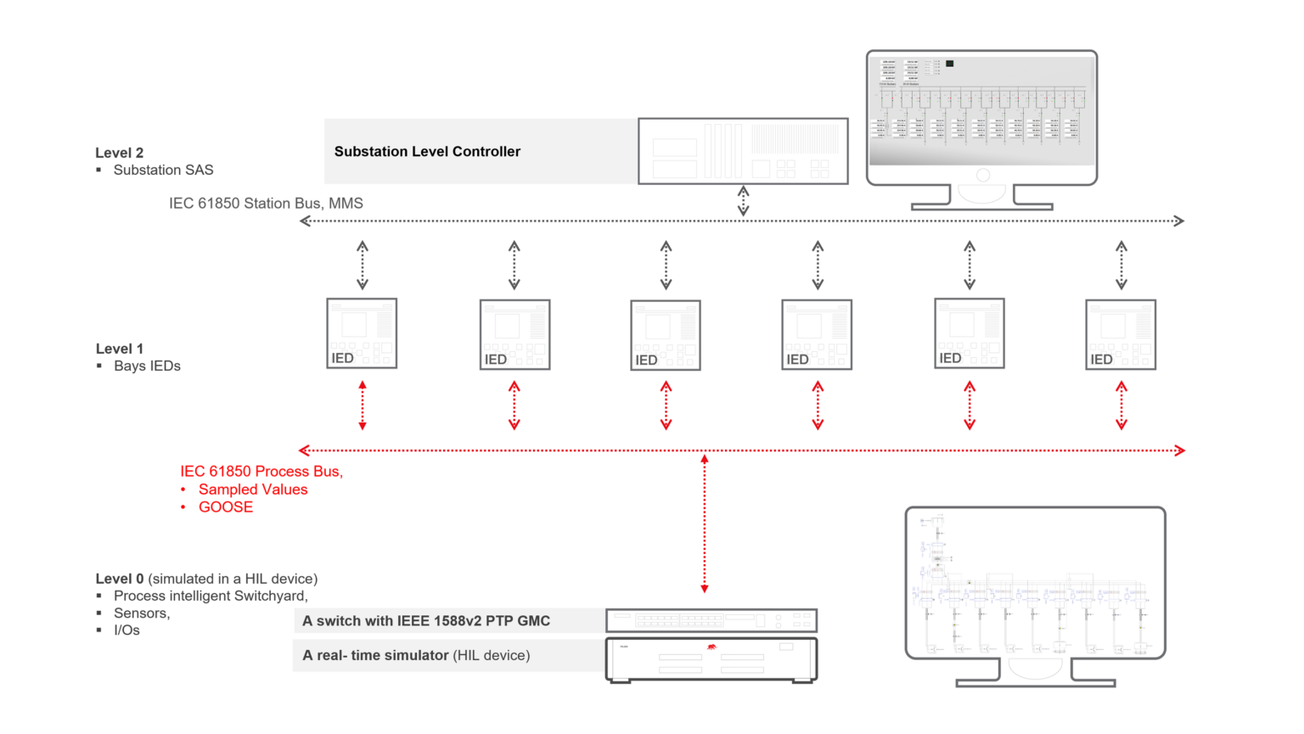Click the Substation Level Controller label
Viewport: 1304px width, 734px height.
tap(427, 152)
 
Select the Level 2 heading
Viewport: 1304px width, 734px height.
tap(120, 153)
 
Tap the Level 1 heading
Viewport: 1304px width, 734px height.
tap(120, 349)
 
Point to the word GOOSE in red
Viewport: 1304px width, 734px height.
tap(226, 507)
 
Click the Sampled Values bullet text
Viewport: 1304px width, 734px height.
tap(253, 490)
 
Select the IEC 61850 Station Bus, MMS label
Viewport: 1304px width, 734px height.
tap(266, 204)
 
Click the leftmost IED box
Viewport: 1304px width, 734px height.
tap(362, 333)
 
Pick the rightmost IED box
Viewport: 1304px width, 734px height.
tap(1121, 334)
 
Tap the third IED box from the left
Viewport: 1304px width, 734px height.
tap(666, 335)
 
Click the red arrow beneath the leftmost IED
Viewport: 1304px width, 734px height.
tap(363, 406)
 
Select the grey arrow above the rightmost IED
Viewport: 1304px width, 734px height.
tap(1121, 265)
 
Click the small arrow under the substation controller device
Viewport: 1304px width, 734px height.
tap(744, 200)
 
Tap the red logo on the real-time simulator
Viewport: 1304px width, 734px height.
tap(711, 647)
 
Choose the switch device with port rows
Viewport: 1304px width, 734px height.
tap(711, 620)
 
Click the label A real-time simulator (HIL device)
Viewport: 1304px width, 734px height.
tap(416, 656)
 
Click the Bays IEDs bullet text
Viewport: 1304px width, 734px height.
tap(147, 367)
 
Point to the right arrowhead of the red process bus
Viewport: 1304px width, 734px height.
tap(1179, 451)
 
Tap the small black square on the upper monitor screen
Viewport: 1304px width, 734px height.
tap(950, 64)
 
